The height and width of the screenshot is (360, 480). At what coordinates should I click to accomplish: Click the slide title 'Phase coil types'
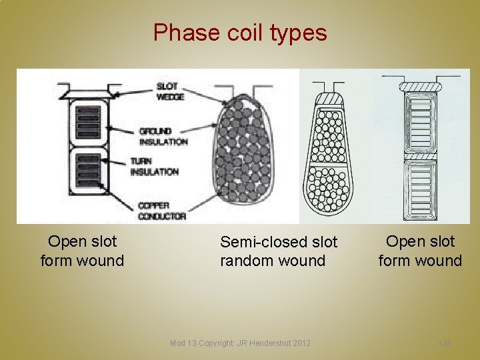coord(240,32)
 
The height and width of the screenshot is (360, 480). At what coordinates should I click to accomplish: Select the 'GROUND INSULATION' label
coord(163,137)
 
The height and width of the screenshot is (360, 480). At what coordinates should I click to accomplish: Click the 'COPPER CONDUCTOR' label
coord(162,211)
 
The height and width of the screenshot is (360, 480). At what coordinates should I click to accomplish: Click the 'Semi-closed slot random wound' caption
coord(279,251)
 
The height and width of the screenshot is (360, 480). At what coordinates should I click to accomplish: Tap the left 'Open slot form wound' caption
coord(82,251)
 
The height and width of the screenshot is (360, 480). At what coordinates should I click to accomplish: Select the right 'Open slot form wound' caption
coord(420,251)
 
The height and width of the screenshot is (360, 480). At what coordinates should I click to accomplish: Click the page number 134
coord(444,343)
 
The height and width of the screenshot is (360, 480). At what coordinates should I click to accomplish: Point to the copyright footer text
coord(240,343)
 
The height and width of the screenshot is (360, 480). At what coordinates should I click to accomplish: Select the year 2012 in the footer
coord(301,343)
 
